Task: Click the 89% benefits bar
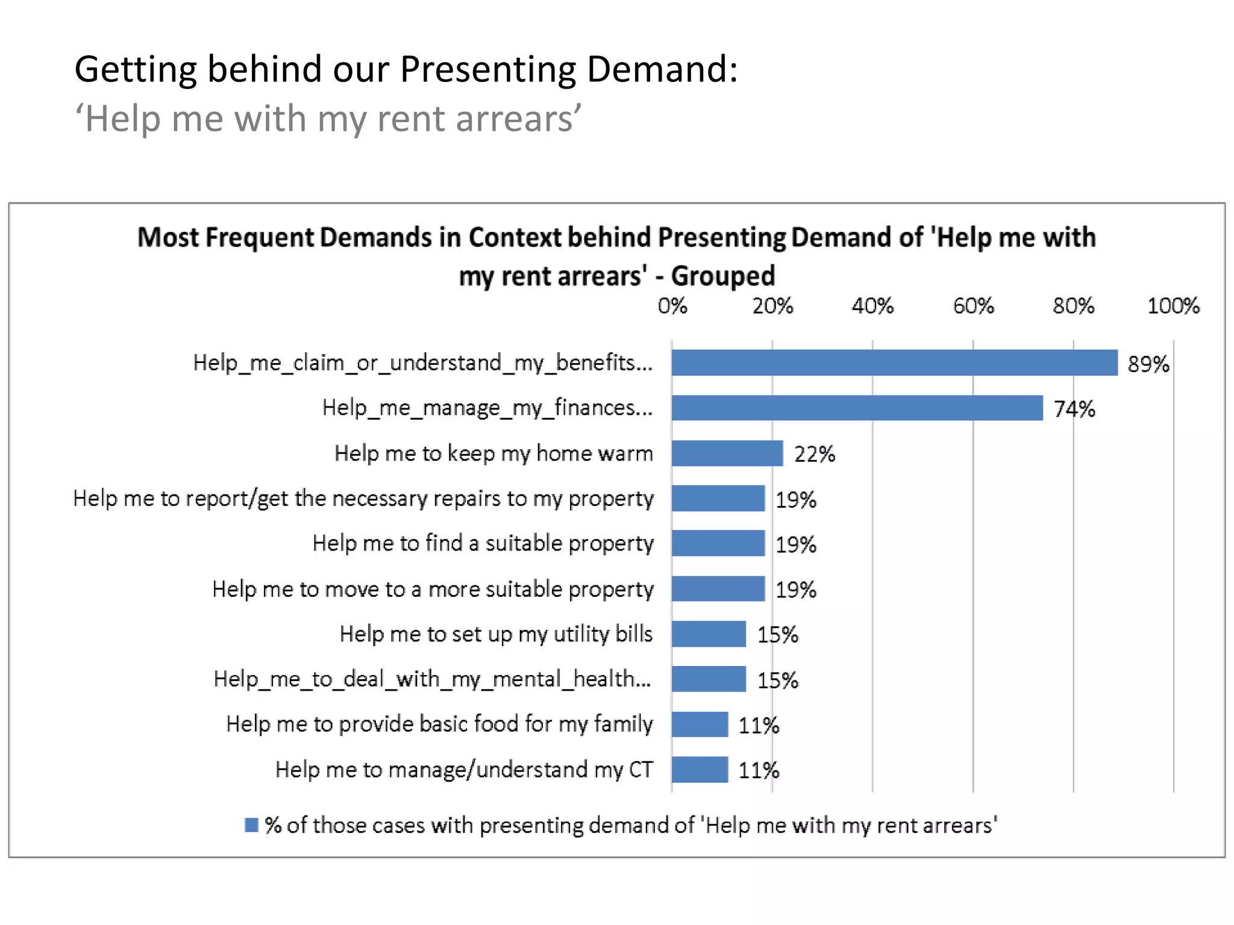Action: coord(894,363)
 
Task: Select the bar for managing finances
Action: coord(857,408)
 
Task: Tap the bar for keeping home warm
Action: coord(727,453)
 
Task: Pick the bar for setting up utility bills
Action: coord(709,634)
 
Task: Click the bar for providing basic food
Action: coord(700,724)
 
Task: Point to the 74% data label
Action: coord(1074,409)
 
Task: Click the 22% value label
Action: coord(814,454)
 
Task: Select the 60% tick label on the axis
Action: coord(972,306)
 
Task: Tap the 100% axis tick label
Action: coord(1173,306)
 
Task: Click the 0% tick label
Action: coord(672,306)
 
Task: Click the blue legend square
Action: coord(251,824)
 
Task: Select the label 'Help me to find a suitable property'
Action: coord(483,543)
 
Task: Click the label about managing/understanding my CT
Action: coord(463,769)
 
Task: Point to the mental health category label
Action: coord(432,679)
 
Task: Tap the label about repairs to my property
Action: coord(363,499)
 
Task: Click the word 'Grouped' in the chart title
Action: coord(722,276)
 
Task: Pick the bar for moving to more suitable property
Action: coord(718,588)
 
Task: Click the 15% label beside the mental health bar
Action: coord(777,680)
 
